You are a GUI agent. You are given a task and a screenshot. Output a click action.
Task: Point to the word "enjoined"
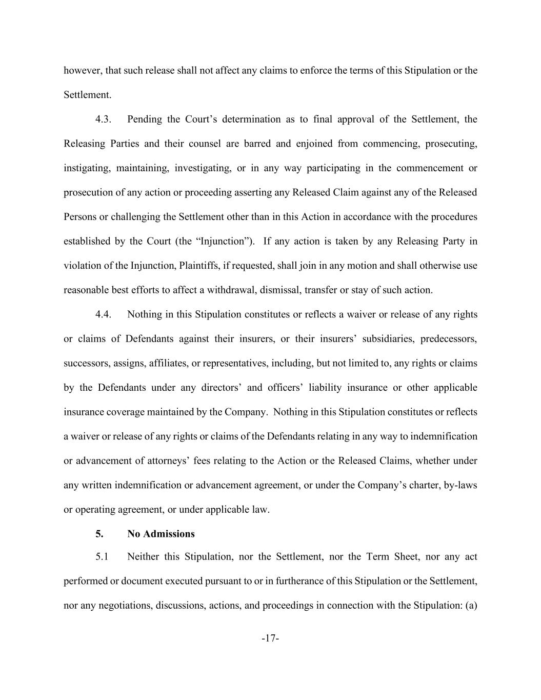click(x=314, y=144)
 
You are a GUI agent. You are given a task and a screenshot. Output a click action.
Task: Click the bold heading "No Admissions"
click(x=161, y=534)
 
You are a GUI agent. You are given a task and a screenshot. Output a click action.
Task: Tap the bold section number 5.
click(x=99, y=534)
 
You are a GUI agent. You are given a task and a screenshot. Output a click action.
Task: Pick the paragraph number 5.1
click(x=102, y=556)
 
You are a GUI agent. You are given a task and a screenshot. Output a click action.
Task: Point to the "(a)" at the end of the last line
click(x=471, y=605)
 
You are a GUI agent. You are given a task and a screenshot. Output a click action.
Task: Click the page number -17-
click(x=270, y=638)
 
